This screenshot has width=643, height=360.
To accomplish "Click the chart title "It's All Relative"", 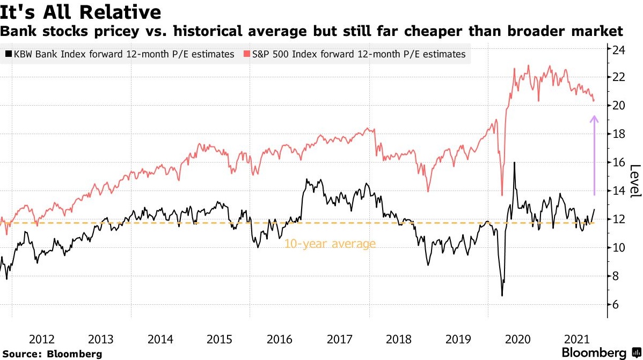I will (81, 11).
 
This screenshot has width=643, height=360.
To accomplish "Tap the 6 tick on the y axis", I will (618, 305).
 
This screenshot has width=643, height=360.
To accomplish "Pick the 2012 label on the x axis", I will (41, 339).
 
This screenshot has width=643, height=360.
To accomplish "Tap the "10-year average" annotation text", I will (330, 244).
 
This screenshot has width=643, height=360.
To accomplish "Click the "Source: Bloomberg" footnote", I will (52, 354).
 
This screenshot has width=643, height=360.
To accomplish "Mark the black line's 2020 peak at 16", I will (515, 163).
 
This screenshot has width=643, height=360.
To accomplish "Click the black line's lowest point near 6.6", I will (502, 296).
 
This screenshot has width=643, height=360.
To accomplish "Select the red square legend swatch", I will (246, 54).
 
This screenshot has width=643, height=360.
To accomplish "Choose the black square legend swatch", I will (8, 54).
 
